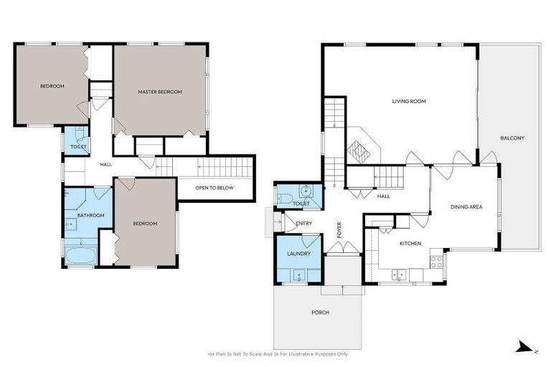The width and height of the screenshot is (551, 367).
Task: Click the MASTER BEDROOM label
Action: (x=160, y=92)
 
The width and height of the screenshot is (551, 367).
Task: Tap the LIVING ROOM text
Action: (x=409, y=102)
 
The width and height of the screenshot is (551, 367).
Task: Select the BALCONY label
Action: (x=512, y=138)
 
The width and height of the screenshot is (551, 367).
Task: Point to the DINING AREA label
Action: (x=466, y=206)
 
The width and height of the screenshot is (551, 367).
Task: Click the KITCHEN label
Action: (x=410, y=244)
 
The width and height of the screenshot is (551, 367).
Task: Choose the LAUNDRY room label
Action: (x=298, y=254)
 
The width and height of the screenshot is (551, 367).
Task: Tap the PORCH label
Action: (x=320, y=312)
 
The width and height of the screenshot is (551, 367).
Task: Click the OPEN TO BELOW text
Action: (x=215, y=189)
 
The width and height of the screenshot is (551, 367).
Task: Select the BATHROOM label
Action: (x=91, y=215)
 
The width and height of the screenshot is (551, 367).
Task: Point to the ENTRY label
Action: (x=304, y=224)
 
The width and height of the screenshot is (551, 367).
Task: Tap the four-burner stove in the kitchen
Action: (x=436, y=261)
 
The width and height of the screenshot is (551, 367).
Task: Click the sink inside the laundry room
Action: (x=295, y=275)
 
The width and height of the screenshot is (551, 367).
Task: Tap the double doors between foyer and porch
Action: (x=342, y=248)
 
